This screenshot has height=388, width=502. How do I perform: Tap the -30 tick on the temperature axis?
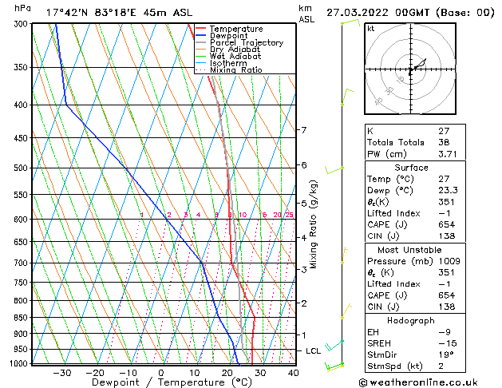pos(61,372)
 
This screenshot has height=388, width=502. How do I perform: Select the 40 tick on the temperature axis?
pos(293,372)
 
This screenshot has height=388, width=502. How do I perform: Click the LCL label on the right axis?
pos(314,350)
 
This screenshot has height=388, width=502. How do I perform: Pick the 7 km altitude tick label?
pos(303,130)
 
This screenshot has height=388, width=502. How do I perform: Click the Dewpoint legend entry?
pos(228,36)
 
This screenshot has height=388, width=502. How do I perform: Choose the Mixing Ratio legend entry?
pos(235,70)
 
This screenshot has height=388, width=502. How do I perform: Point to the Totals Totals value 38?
pos(445,142)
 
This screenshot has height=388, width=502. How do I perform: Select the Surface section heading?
pos(411,168)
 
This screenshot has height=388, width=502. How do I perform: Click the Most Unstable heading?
pos(411,250)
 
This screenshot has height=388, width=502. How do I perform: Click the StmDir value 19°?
pos(445,355)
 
